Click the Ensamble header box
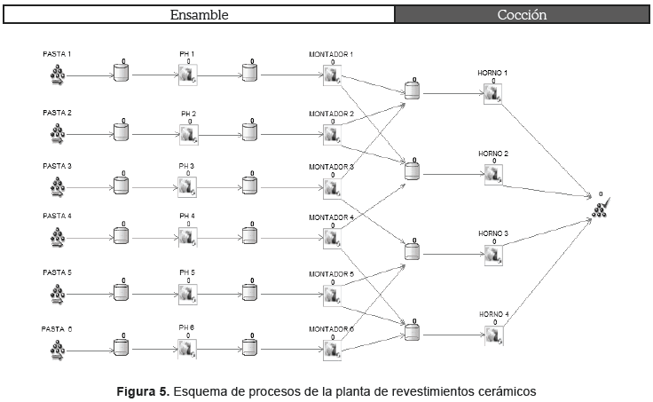click(x=198, y=15)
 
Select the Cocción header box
click(x=521, y=15)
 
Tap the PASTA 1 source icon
click(x=58, y=75)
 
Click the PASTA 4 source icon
click(x=58, y=237)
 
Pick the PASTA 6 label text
click(x=58, y=328)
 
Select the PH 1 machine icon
click(x=187, y=76)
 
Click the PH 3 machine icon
click(x=187, y=187)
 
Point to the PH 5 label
click(x=187, y=272)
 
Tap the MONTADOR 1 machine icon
click(x=332, y=76)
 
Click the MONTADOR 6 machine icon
click(x=332, y=349)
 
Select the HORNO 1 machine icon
click(x=493, y=93)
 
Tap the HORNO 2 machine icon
click(x=493, y=174)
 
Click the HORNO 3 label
click(x=493, y=233)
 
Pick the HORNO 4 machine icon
click(x=493, y=335)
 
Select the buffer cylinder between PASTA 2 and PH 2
click(x=121, y=132)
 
